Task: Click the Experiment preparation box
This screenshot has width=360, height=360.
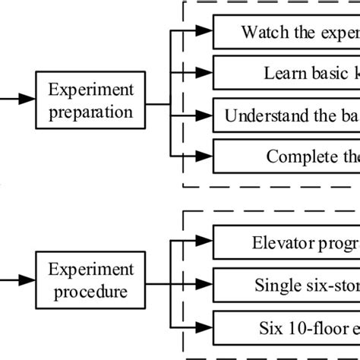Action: click(91, 102)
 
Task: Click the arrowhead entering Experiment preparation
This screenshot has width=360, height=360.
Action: click(27, 99)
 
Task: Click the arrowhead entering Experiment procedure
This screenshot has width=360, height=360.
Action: click(27, 280)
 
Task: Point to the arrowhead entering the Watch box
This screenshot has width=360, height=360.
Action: click(204, 32)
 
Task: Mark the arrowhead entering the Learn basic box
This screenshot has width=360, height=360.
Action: click(204, 73)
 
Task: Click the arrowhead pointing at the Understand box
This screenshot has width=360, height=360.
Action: click(204, 116)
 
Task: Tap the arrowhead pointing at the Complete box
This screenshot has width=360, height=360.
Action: click(204, 156)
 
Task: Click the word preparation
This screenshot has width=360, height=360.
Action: click(91, 112)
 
